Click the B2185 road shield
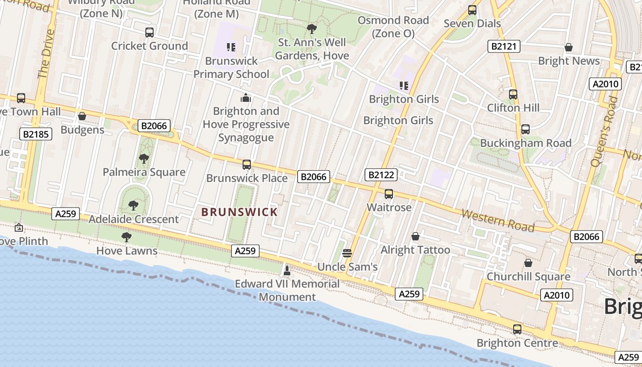(36, 134)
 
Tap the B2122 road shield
(381, 174)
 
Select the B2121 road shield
(503, 46)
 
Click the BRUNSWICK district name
(239, 212)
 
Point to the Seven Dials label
(472, 23)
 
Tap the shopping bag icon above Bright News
(569, 47)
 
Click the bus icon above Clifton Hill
(513, 95)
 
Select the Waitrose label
(389, 207)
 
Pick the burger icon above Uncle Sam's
(347, 252)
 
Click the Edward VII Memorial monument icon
(287, 270)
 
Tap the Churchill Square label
(528, 277)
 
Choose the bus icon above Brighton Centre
(517, 329)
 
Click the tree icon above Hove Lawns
(127, 237)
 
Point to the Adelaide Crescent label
(133, 219)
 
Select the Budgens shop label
(83, 130)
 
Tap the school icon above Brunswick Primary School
(231, 47)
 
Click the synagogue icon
(246, 97)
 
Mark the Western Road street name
(498, 220)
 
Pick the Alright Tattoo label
(415, 250)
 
